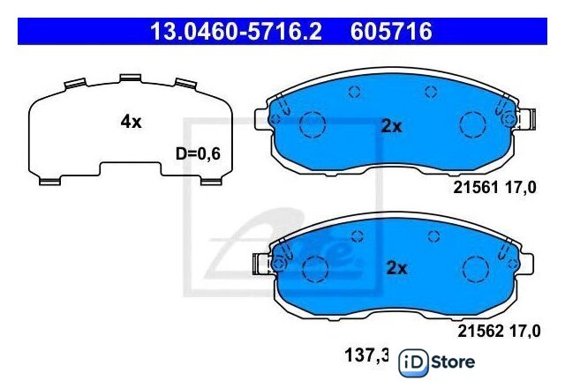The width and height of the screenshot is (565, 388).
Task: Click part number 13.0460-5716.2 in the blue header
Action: click(x=236, y=32)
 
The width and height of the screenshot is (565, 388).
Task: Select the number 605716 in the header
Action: click(x=391, y=32)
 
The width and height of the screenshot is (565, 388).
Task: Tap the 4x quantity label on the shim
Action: click(x=132, y=122)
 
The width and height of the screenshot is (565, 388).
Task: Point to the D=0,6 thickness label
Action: click(x=198, y=154)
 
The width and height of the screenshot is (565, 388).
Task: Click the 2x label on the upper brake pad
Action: click(x=391, y=126)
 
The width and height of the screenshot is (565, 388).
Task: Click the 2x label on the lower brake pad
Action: click(x=396, y=268)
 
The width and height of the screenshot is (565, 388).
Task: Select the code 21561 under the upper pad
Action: click(x=476, y=187)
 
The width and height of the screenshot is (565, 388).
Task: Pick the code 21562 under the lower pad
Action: click(x=480, y=331)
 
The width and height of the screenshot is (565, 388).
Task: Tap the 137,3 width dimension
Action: click(x=367, y=355)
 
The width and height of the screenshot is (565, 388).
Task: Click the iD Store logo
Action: click(x=437, y=362)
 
